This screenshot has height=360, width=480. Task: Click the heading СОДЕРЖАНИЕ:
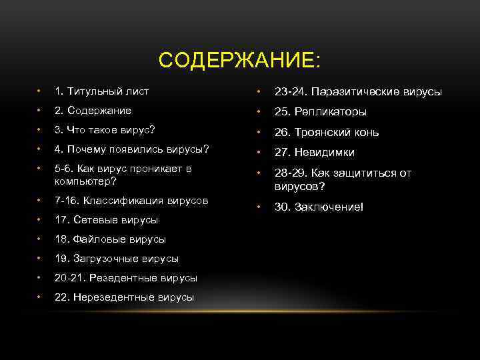239,61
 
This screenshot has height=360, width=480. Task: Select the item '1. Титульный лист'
101,91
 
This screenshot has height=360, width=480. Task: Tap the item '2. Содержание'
93,110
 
